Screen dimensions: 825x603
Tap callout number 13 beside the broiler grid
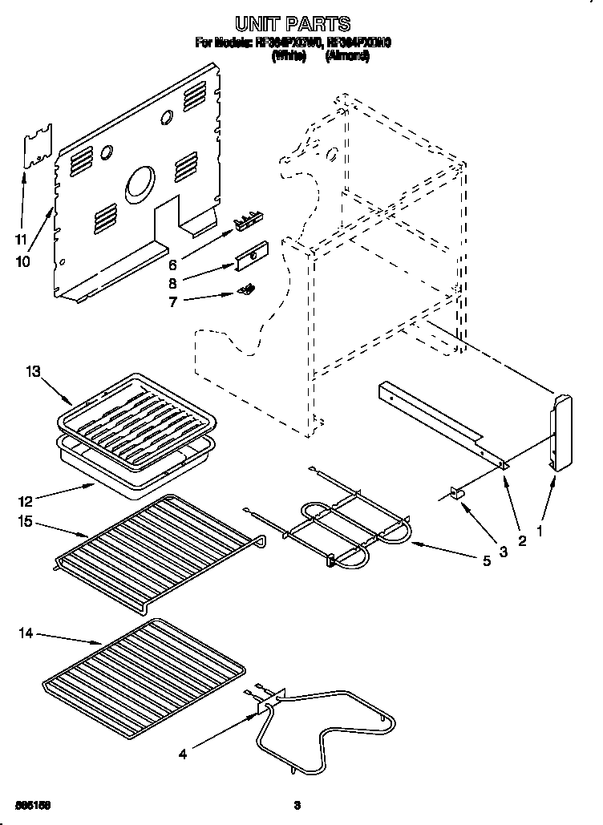32,371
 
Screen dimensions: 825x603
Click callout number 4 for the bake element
183,754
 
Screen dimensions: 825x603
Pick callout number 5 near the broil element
486,561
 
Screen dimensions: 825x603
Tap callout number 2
522,541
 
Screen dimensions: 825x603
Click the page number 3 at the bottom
297,804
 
